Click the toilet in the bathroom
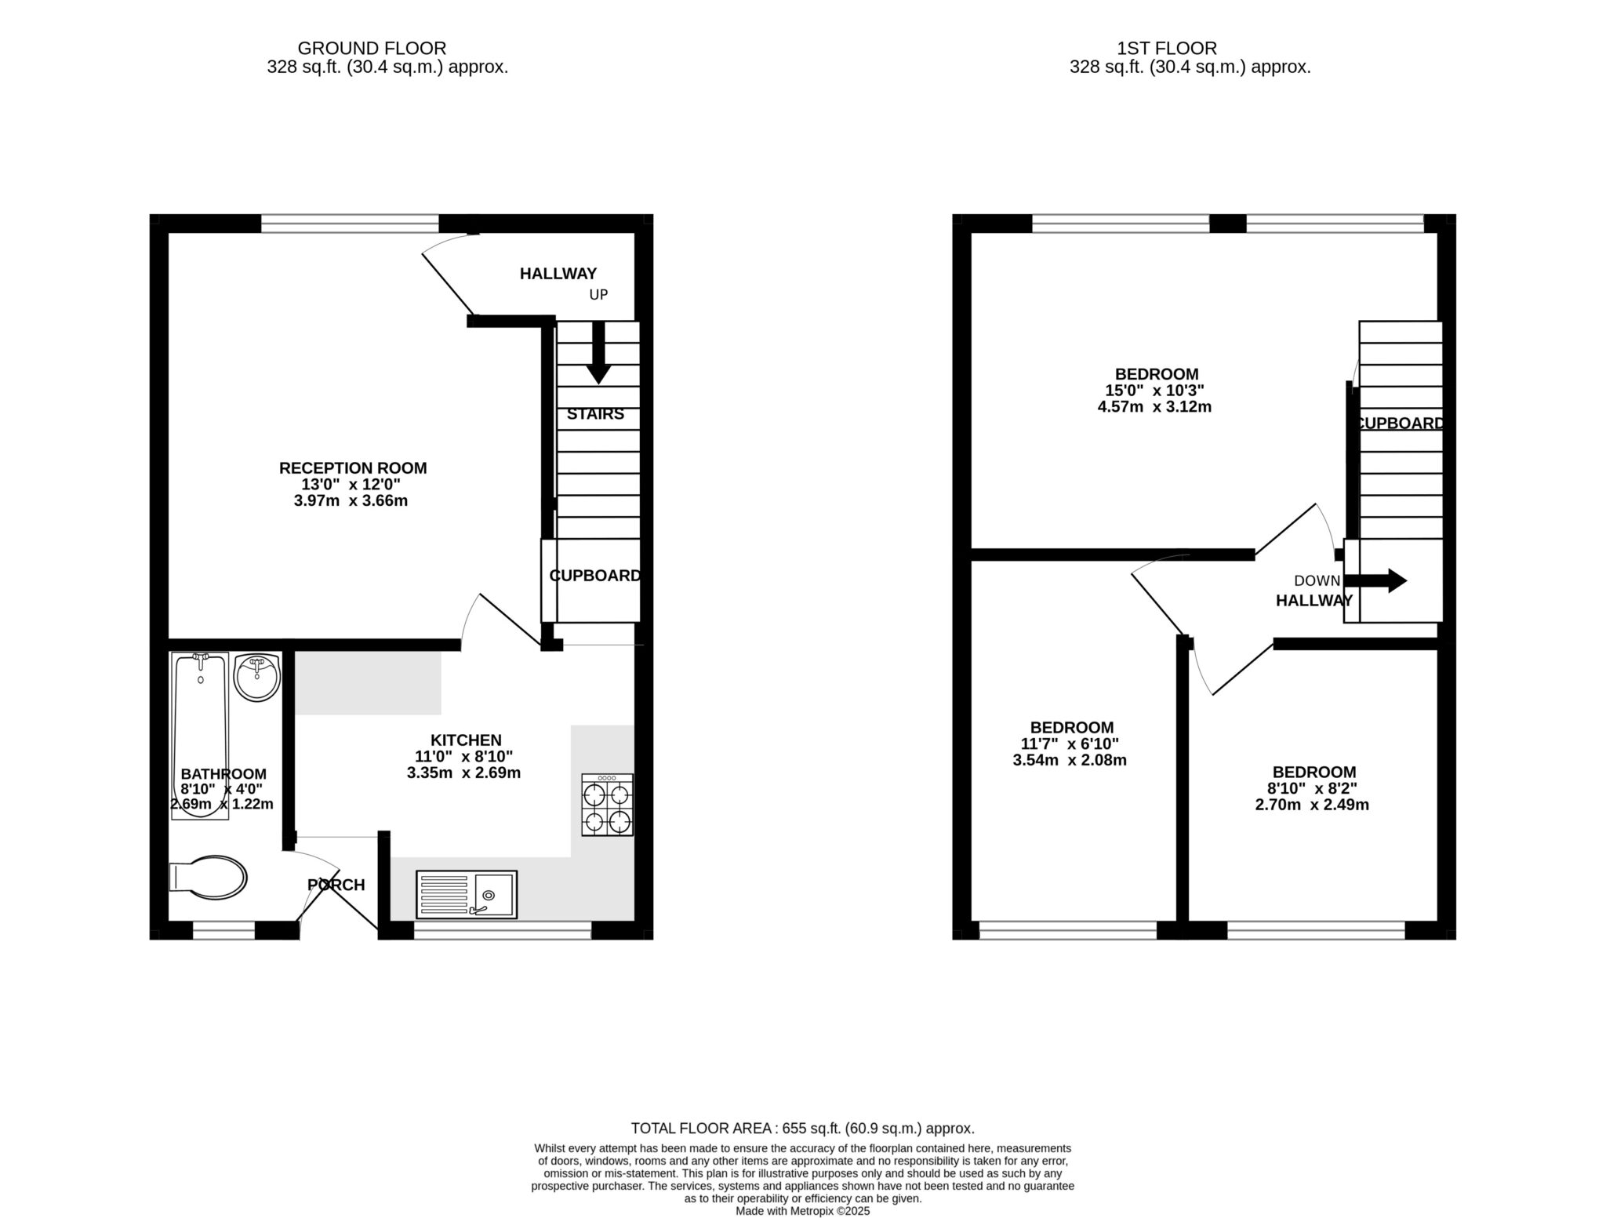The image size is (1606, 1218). click(x=209, y=875)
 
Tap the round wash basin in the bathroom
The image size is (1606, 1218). click(x=256, y=676)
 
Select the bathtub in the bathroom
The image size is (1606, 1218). click(x=201, y=736)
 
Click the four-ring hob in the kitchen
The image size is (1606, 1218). click(x=607, y=805)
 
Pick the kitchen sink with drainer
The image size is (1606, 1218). click(x=467, y=894)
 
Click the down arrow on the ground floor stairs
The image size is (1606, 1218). click(x=598, y=354)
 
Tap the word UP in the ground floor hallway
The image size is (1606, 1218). click(x=598, y=295)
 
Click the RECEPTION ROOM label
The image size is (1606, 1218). click(x=353, y=468)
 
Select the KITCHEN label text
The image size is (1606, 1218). click(x=466, y=740)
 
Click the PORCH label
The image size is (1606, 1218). click(x=336, y=885)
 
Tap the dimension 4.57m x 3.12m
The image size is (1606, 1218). click(x=1154, y=407)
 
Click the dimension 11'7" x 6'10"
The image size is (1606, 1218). click(x=1070, y=744)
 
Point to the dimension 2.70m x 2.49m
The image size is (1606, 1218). click(x=1312, y=805)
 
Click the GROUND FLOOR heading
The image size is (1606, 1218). click(x=372, y=49)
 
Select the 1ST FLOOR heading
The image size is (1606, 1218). click(x=1167, y=49)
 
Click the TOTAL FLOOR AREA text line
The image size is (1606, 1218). click(x=802, y=1129)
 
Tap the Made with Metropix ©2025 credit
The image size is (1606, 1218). click(x=802, y=1211)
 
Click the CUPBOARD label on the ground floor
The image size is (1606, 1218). click(x=595, y=576)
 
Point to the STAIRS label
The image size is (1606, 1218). click(x=595, y=414)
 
